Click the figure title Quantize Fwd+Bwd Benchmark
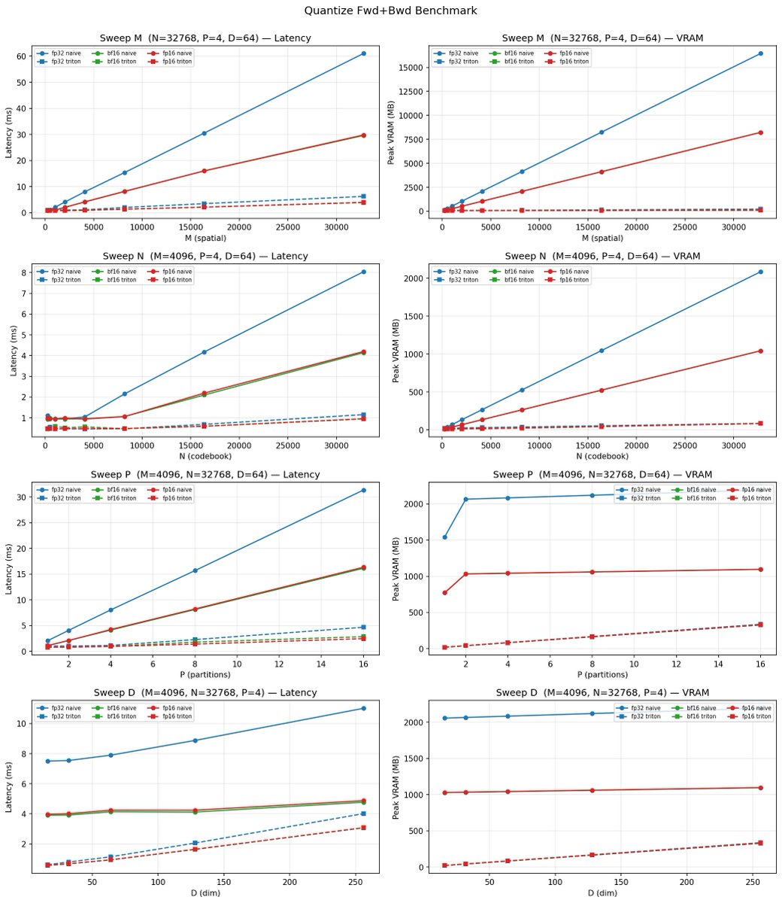390,11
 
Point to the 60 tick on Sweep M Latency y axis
23,56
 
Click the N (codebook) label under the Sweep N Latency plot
205,457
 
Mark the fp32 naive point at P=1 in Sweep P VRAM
444,537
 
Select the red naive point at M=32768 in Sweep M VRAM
761,132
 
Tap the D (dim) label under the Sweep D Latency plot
205,893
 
